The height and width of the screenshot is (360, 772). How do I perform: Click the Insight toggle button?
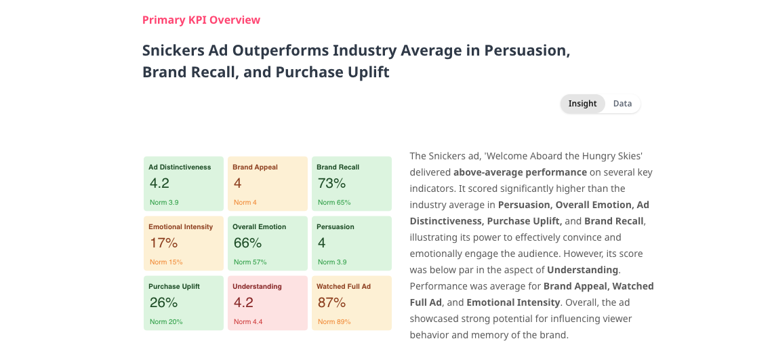(x=582, y=104)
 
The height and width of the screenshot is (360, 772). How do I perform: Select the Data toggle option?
(x=622, y=104)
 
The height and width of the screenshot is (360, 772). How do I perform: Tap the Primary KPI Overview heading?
(x=201, y=20)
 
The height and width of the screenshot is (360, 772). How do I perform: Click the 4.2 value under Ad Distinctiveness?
(x=159, y=183)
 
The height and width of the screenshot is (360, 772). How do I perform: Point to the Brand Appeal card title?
(x=255, y=167)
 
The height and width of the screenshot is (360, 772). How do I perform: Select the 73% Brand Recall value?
(x=332, y=183)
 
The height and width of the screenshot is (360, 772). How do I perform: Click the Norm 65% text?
(x=334, y=203)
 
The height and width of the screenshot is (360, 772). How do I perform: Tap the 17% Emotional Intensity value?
(x=164, y=243)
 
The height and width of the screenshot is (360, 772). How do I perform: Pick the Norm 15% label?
(x=166, y=262)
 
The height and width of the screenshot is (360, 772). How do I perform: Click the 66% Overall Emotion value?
(x=247, y=243)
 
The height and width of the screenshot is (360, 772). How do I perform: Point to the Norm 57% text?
(x=250, y=262)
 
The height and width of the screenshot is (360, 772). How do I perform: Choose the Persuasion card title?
(x=336, y=227)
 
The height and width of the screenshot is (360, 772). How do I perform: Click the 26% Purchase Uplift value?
(x=164, y=302)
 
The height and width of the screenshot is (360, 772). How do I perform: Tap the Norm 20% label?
(x=166, y=321)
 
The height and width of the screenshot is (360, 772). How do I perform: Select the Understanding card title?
(x=257, y=287)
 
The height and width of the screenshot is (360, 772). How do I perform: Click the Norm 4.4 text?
(x=248, y=321)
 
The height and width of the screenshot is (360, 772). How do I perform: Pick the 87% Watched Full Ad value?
(x=332, y=302)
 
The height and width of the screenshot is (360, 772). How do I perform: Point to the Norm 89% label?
(x=334, y=321)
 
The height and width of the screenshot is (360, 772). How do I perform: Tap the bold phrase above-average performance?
(x=520, y=172)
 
